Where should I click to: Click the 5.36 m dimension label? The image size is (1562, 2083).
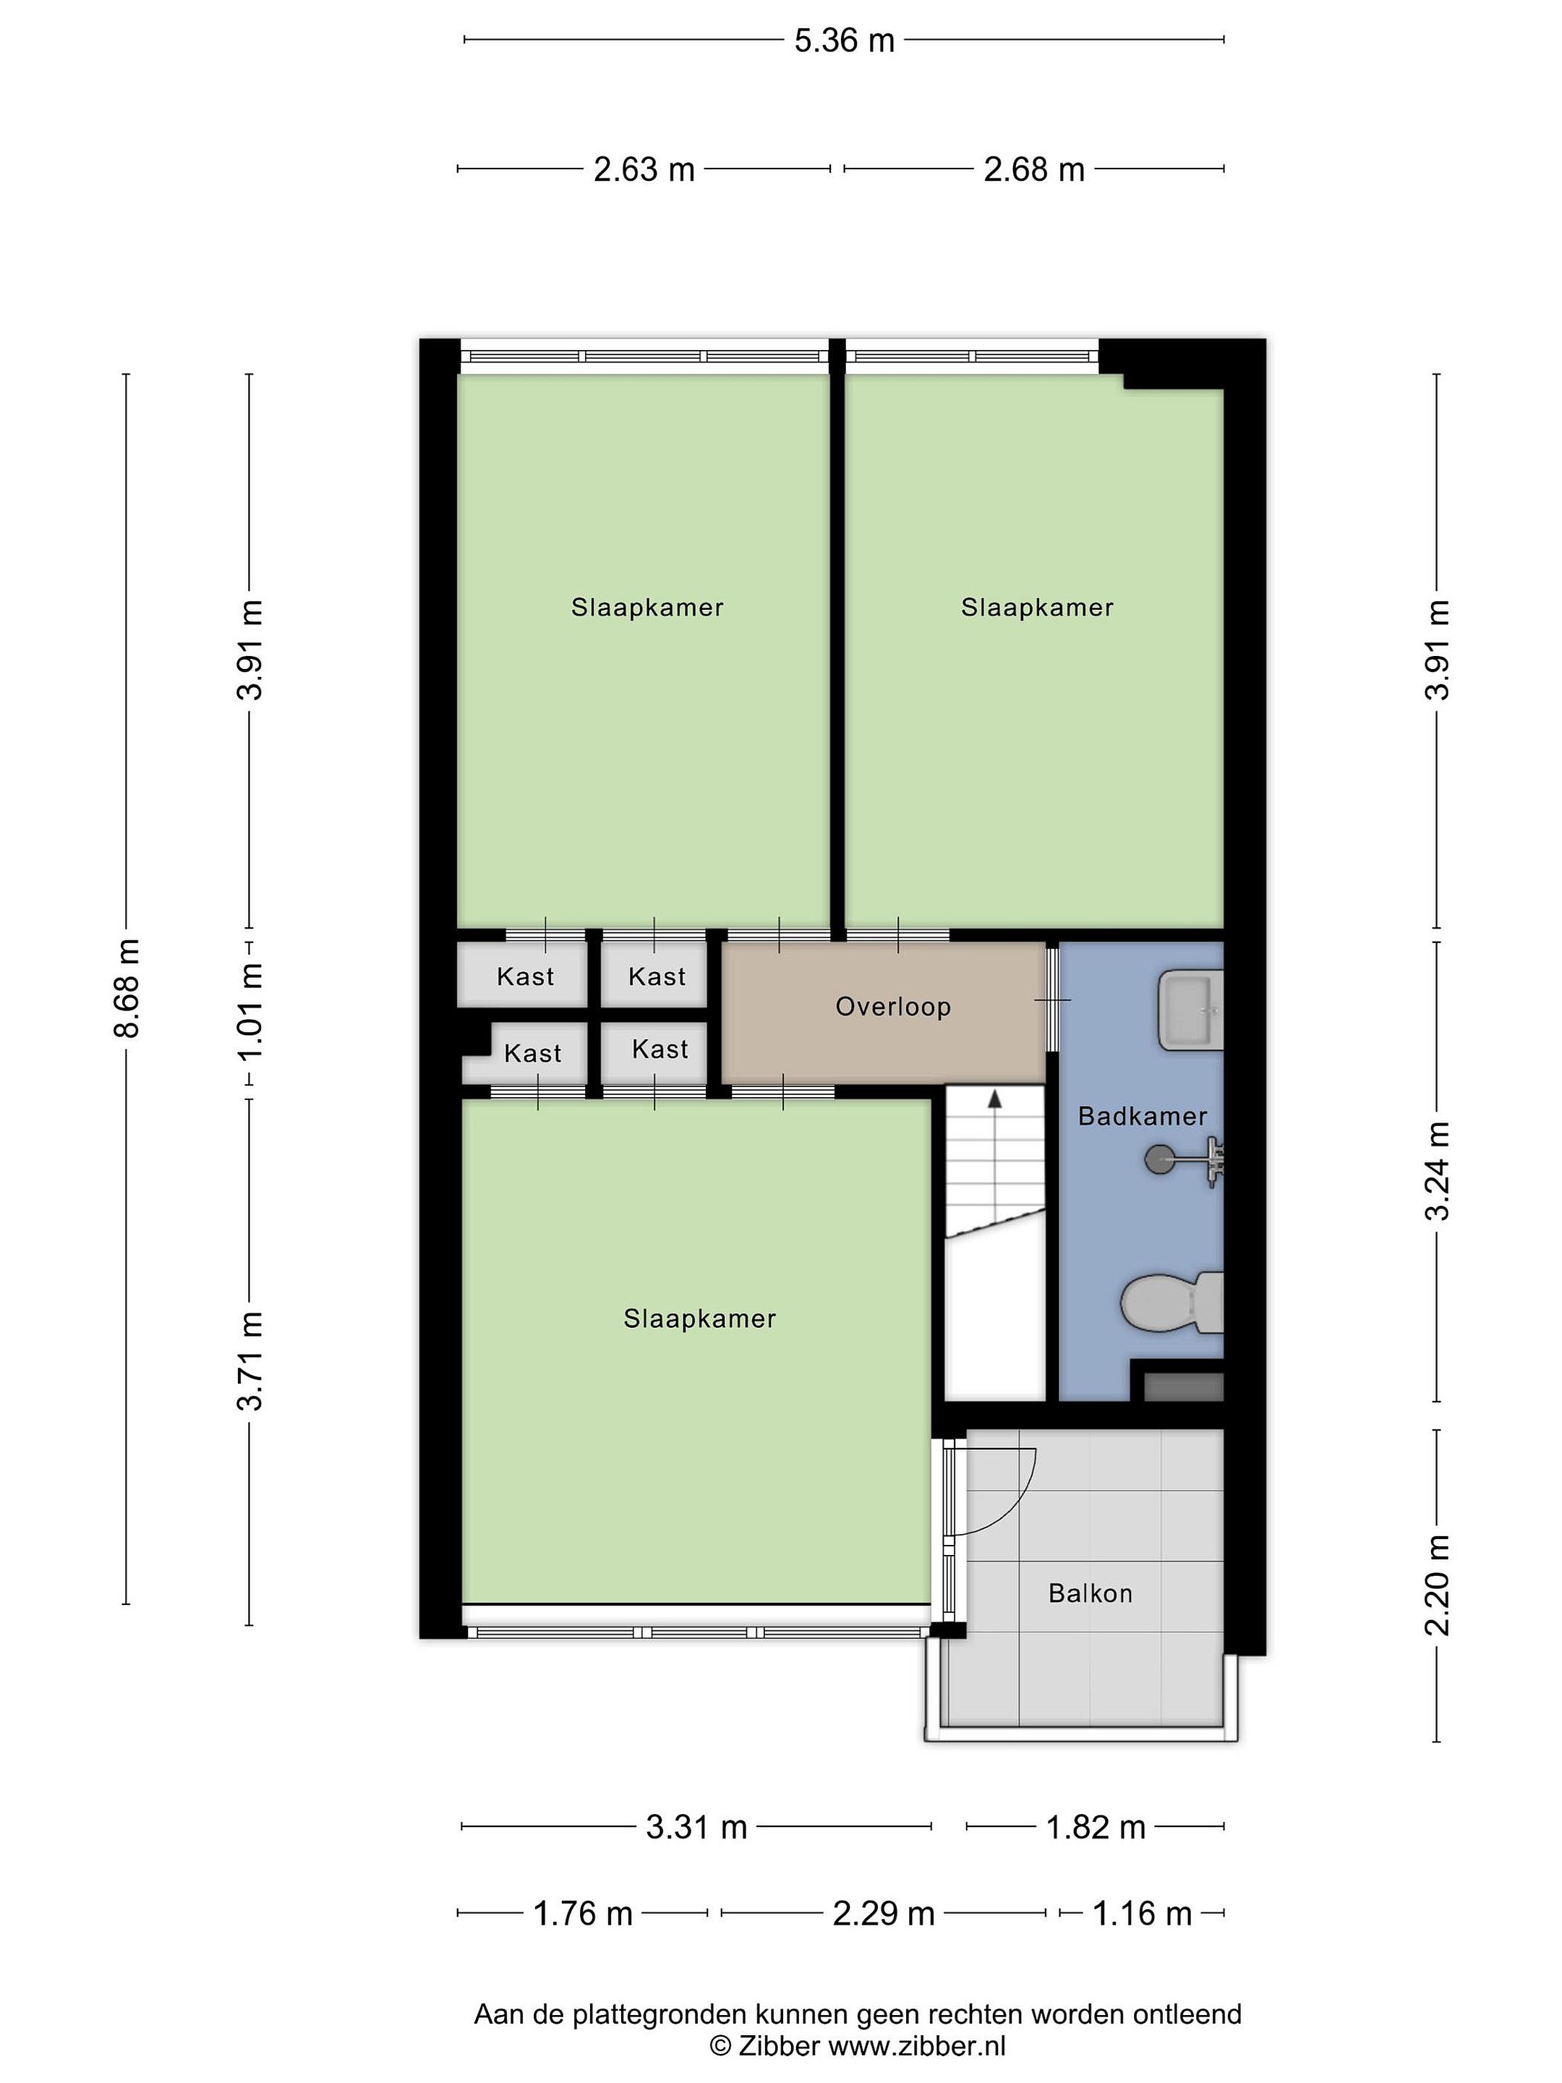click(x=844, y=41)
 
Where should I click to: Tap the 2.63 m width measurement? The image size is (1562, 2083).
click(x=644, y=169)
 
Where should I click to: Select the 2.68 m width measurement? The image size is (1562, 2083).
click(x=1034, y=169)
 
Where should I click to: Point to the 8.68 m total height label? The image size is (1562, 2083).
click(x=126, y=988)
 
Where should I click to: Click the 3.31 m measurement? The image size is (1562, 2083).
click(x=696, y=1828)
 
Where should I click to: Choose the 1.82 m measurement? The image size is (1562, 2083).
click(x=1096, y=1828)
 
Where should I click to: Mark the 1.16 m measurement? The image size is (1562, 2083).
click(x=1142, y=1914)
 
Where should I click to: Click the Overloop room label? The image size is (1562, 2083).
click(x=892, y=1007)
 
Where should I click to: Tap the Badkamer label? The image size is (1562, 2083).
click(x=1142, y=1117)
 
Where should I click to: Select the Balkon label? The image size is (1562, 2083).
click(x=1091, y=1593)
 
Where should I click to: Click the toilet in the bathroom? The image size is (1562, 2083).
click(x=1172, y=1303)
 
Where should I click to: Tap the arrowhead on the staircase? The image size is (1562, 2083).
click(x=994, y=1098)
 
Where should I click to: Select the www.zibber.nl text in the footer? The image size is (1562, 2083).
click(x=917, y=2046)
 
